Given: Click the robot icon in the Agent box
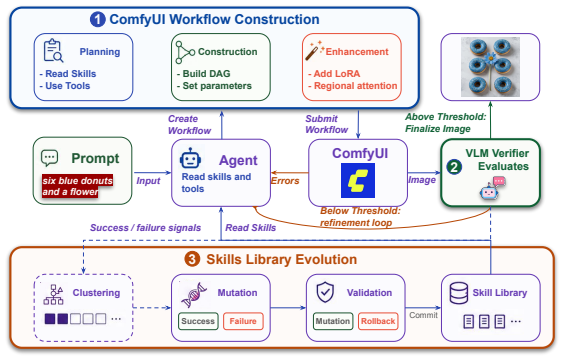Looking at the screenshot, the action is tap(190, 158).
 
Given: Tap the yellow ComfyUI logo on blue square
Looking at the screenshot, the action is tap(358, 181).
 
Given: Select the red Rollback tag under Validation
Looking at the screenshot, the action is tap(378, 321).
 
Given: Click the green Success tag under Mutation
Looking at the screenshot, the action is tap(198, 321).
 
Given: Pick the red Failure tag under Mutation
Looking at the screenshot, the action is tap(243, 321).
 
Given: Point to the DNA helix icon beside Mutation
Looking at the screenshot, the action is tap(194, 295).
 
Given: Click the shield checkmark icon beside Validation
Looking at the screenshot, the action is tap(325, 292).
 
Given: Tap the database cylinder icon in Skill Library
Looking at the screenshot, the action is tap(459, 293).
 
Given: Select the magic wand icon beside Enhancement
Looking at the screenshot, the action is tap(314, 50).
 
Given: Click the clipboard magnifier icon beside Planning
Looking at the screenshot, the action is tap(54, 50).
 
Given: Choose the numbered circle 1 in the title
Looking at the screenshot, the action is tap(97, 19).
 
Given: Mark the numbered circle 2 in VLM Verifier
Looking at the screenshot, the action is tap(454, 167).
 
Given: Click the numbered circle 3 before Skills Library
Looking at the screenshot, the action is tap(192, 259).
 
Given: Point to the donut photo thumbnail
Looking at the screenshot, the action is tap(490, 67).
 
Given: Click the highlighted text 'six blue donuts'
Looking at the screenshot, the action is tap(78, 181).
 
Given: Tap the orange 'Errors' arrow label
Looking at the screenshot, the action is tap(285, 181).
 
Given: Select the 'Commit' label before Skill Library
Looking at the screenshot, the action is tap(423, 315).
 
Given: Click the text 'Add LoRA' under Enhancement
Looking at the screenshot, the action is tap(334, 74).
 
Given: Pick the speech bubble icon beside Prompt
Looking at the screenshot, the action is tap(50, 158).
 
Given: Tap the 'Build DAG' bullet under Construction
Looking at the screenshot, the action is tap(204, 74).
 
